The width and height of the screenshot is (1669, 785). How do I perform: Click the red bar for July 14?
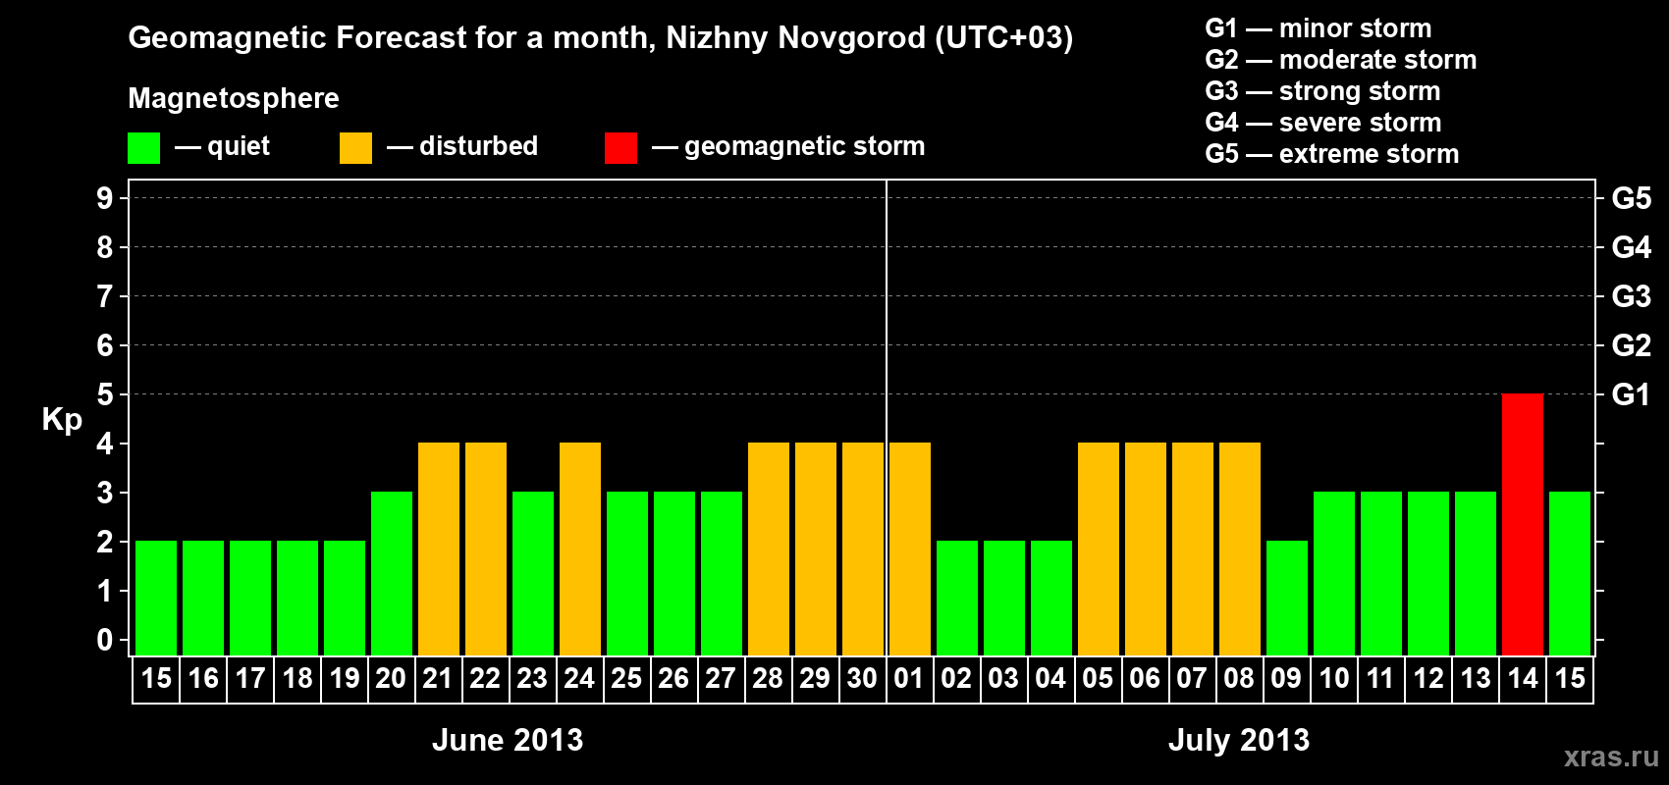pyautogui.click(x=1523, y=524)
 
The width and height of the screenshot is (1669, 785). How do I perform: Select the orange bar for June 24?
pyautogui.click(x=580, y=549)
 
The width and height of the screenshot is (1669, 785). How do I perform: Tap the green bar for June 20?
pyautogui.click(x=392, y=573)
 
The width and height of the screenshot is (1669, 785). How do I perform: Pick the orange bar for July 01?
pyautogui.click(x=910, y=549)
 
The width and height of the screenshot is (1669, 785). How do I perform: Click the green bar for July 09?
pyautogui.click(x=1287, y=598)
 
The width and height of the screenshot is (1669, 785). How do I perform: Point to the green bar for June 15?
pyautogui.click(x=156, y=598)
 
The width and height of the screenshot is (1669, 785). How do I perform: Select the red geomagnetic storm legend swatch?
pyautogui.click(x=620, y=148)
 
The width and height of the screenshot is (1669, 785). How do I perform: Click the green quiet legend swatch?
pyautogui.click(x=143, y=148)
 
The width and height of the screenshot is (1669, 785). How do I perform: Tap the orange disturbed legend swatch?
pyautogui.click(x=355, y=148)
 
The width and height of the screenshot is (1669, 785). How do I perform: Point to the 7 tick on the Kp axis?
pyautogui.click(x=105, y=296)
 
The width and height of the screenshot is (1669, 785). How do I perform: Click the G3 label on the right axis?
pyautogui.click(x=1631, y=296)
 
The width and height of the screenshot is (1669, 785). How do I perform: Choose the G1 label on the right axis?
pyautogui.click(x=1631, y=394)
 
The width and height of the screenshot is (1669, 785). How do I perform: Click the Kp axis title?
pyautogui.click(x=62, y=420)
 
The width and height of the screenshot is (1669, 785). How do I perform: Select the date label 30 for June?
pyautogui.click(x=862, y=679)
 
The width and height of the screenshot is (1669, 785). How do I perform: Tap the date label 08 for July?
pyautogui.click(x=1239, y=679)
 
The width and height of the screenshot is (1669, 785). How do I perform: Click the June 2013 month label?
pyautogui.click(x=508, y=740)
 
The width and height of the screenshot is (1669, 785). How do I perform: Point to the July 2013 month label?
pyautogui.click(x=1239, y=740)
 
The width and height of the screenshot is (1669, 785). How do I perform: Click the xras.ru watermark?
pyautogui.click(x=1611, y=757)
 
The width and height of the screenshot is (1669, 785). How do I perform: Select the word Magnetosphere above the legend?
pyautogui.click(x=234, y=98)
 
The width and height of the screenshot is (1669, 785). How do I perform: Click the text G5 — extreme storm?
pyautogui.click(x=1332, y=154)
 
